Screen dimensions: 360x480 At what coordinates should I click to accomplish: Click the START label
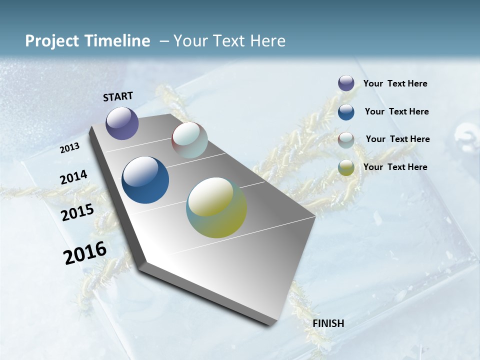click(x=118, y=96)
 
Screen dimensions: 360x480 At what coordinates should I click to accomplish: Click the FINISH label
click(x=328, y=323)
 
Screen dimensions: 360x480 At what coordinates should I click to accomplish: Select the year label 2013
click(x=70, y=148)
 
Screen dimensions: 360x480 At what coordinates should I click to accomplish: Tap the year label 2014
click(x=73, y=177)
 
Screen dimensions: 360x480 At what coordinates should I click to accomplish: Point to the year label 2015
click(x=77, y=212)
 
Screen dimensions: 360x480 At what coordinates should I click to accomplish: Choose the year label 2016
click(x=85, y=253)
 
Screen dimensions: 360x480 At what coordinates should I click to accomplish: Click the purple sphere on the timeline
click(x=122, y=123)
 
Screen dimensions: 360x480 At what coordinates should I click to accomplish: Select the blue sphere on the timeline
click(x=145, y=180)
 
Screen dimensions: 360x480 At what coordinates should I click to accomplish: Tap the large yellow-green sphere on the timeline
click(x=216, y=207)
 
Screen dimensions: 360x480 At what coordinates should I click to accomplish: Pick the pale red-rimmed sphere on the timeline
click(x=189, y=140)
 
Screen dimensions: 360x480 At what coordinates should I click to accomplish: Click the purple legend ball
click(x=346, y=83)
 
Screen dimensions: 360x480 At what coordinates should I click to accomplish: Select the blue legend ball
click(x=346, y=112)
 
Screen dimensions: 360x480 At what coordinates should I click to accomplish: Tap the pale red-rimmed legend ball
click(x=346, y=140)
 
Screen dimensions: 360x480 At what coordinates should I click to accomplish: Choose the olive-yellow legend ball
click(x=346, y=167)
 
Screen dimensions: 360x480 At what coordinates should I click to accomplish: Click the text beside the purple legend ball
click(x=395, y=84)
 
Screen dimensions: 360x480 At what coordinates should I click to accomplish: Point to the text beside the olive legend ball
click(x=395, y=167)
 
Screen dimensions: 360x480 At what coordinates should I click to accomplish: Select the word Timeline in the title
click(x=117, y=41)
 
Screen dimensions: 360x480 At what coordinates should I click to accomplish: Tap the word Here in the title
click(x=267, y=41)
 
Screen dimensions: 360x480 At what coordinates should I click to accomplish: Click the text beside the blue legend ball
click(x=396, y=111)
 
